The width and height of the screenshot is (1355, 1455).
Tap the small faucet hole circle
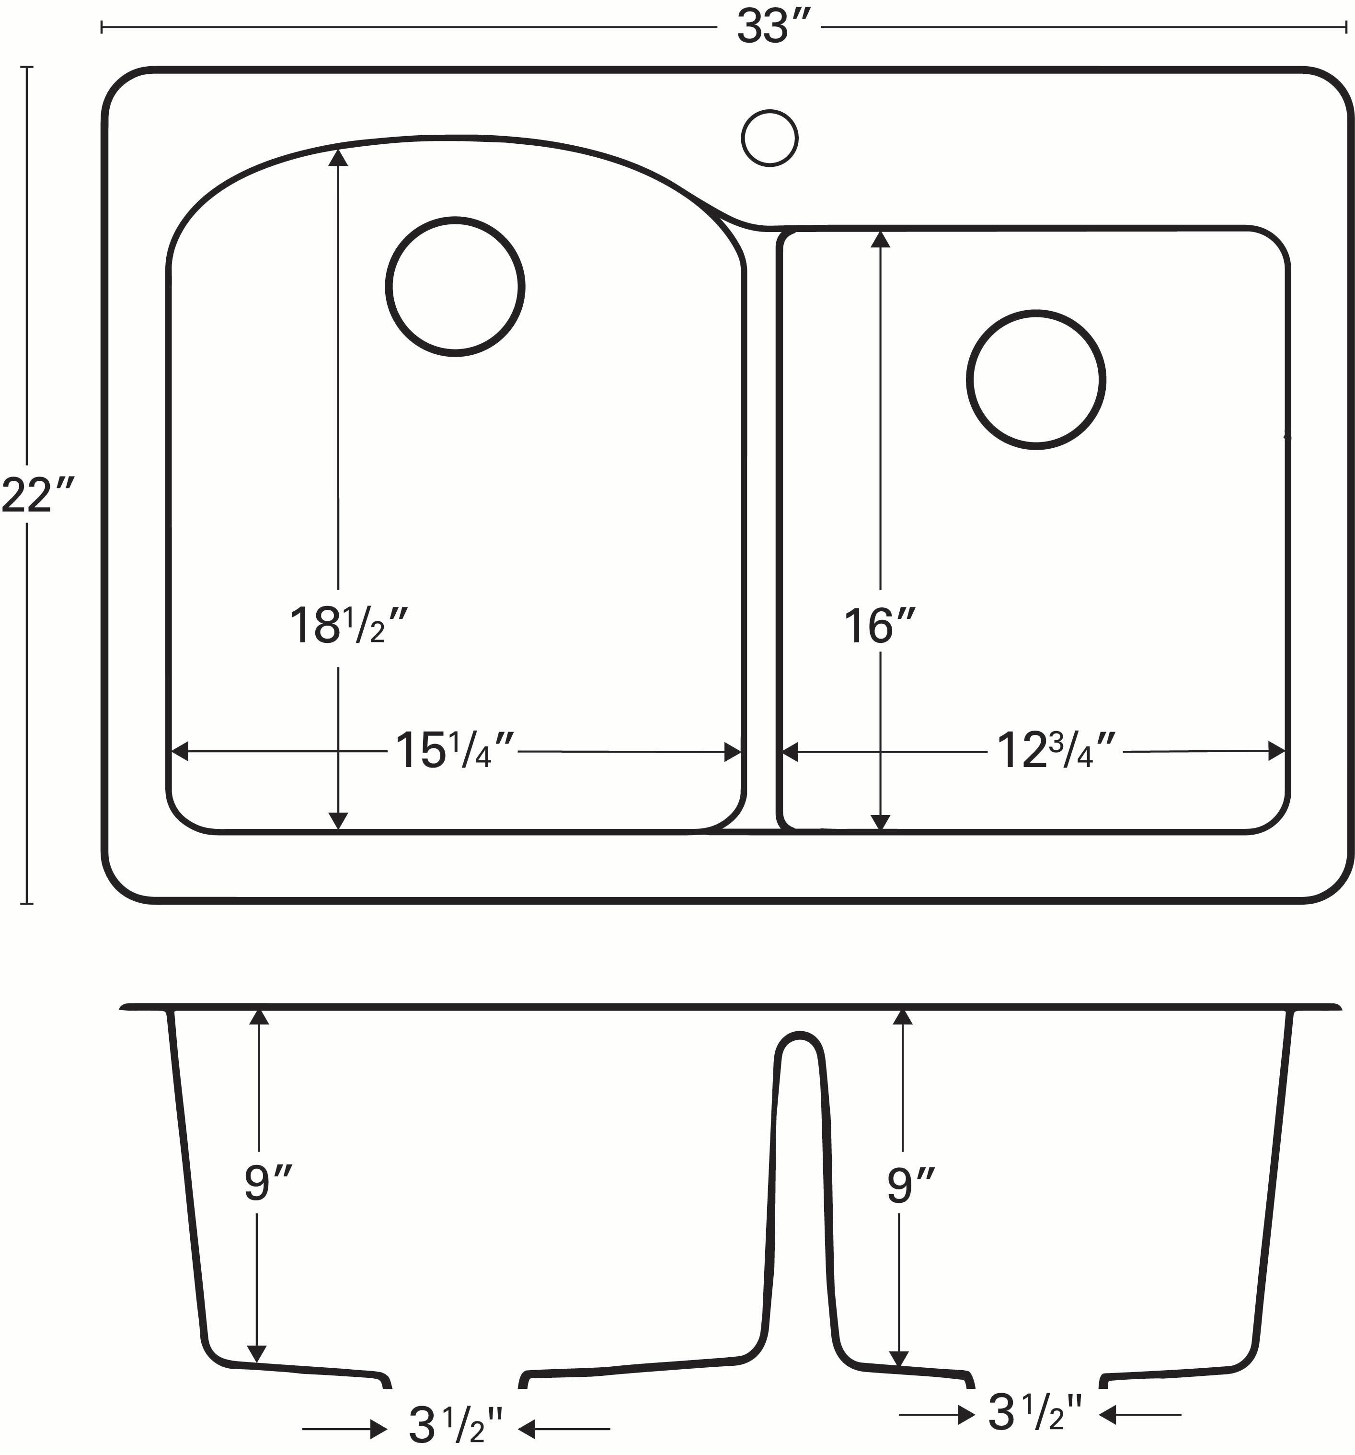[769, 138]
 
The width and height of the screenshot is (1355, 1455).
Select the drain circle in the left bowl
[455, 287]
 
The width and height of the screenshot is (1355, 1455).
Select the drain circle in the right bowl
[1035, 380]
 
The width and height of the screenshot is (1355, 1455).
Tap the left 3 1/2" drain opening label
[455, 1423]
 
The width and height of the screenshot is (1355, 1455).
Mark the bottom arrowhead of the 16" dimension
[881, 821]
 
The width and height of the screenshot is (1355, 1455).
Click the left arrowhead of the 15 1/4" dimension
[179, 752]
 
